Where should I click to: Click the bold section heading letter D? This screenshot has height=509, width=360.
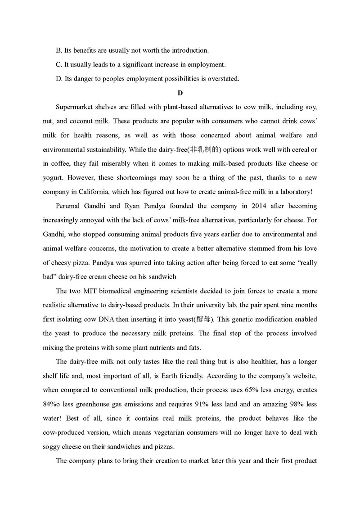(x=180, y=93)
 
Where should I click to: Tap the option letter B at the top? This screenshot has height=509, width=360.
(x=58, y=50)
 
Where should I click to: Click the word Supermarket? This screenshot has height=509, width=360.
(x=75, y=107)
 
